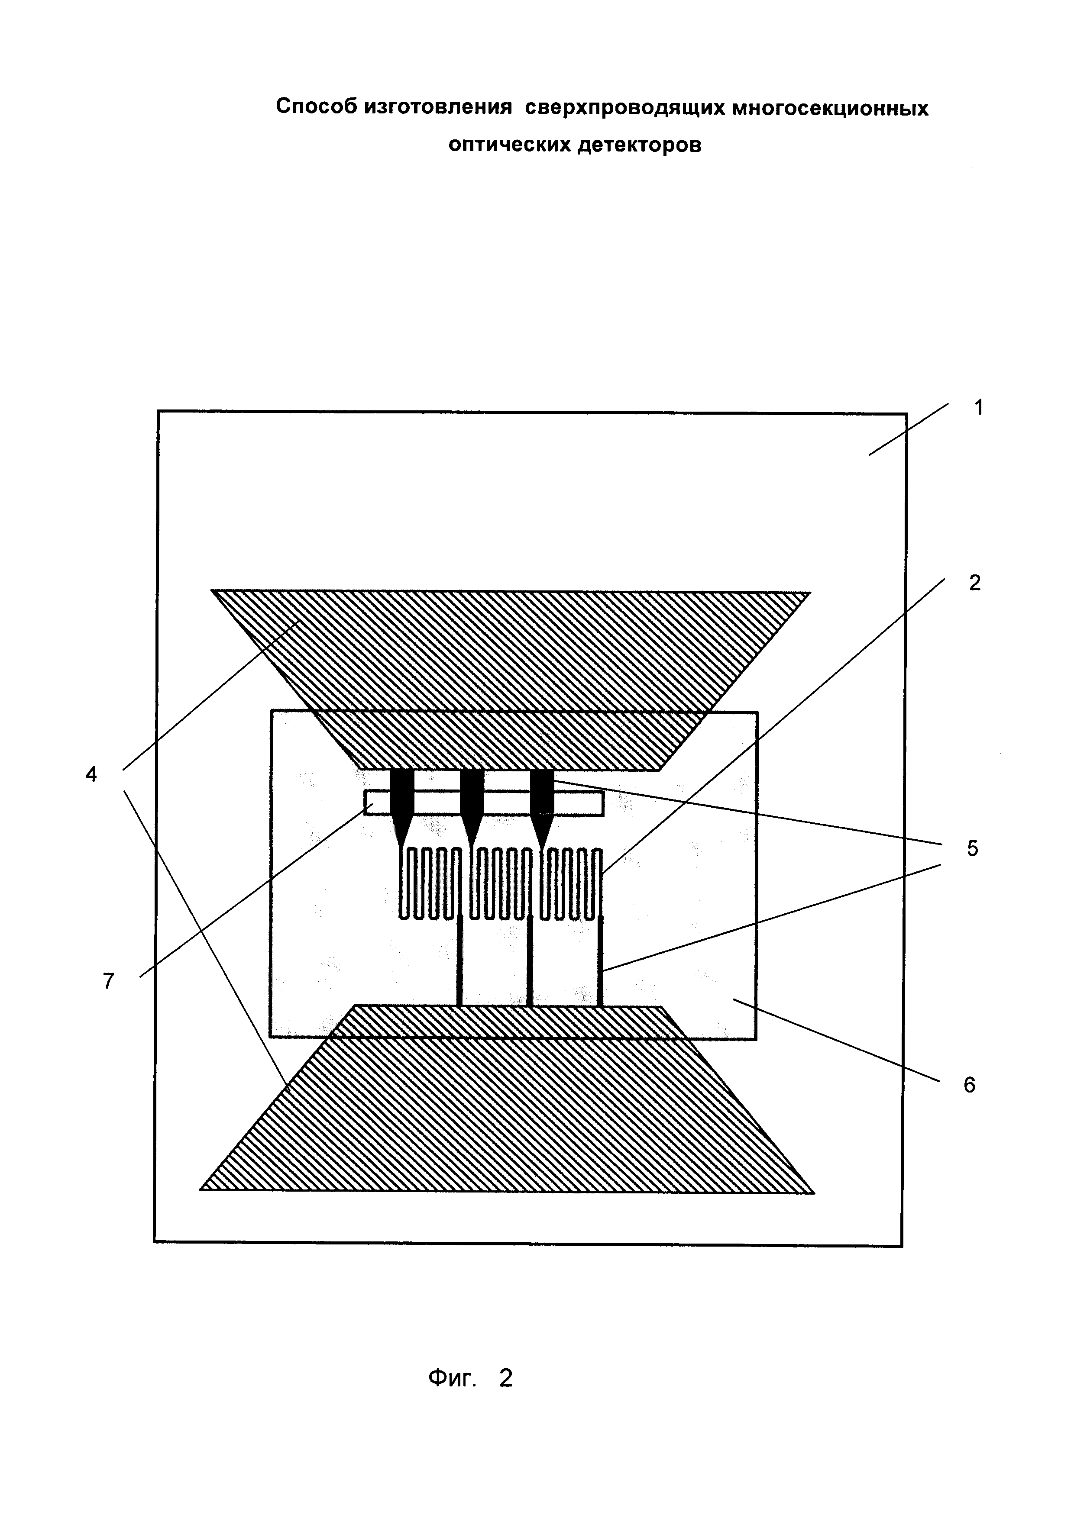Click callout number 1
coord(978,408)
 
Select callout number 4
coord(91,774)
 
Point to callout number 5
coord(972,848)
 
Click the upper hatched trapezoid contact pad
coord(509,661)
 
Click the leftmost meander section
coord(430,883)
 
